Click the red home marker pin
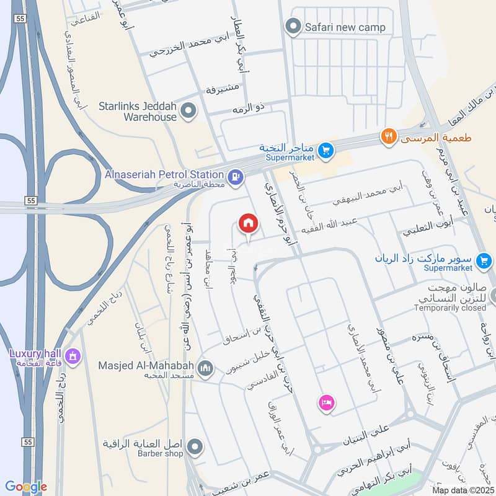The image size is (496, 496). pos(248,223)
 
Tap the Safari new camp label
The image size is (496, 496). pos(345,27)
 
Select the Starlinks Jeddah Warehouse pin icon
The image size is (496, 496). pos(190,112)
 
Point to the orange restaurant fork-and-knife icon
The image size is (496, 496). pos(389,137)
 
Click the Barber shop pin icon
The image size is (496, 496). pos(195,446)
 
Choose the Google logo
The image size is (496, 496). pos(26,487)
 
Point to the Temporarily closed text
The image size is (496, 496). pos(450,308)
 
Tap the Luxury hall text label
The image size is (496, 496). pos(37,353)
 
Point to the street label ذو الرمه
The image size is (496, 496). pos(248,108)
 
